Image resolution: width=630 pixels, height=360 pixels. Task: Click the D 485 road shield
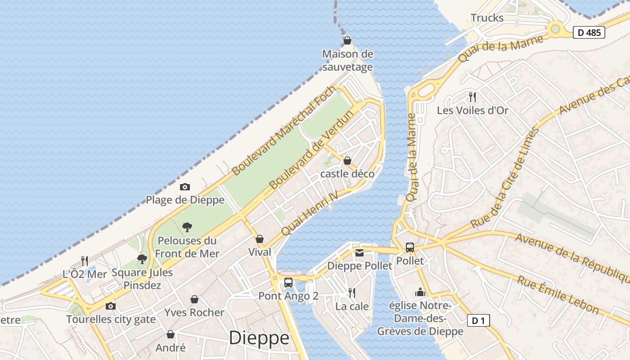tap(589, 32)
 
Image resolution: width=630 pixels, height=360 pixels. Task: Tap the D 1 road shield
tap(478, 320)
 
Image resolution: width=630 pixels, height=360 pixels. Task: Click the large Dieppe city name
tap(259, 338)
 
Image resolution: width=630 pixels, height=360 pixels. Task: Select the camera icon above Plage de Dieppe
tap(185, 187)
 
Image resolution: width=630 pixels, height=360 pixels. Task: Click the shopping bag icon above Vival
tap(260, 239)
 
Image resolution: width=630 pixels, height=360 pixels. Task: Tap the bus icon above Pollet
tap(410, 247)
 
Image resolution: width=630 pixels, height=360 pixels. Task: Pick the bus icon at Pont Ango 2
tap(288, 283)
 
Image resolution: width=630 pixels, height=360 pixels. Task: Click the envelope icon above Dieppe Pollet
tap(360, 252)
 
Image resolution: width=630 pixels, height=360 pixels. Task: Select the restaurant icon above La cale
tap(352, 293)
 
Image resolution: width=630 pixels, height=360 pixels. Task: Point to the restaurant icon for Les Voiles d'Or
tap(472, 97)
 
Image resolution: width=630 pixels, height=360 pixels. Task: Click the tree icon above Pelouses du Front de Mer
tap(187, 227)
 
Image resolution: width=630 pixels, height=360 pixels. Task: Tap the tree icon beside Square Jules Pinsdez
tap(142, 259)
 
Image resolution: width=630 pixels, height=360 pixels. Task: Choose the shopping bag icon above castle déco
tap(347, 160)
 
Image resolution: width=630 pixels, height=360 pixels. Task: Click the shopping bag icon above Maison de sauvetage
tap(347, 41)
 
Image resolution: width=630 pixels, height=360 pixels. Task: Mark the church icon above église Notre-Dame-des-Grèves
tap(420, 292)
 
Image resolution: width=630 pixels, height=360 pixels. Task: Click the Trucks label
tap(487, 18)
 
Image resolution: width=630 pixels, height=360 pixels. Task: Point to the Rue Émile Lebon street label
tap(558, 295)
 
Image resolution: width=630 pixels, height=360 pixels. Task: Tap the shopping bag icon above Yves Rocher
tap(194, 299)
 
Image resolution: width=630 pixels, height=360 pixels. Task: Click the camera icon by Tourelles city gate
tap(110, 306)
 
